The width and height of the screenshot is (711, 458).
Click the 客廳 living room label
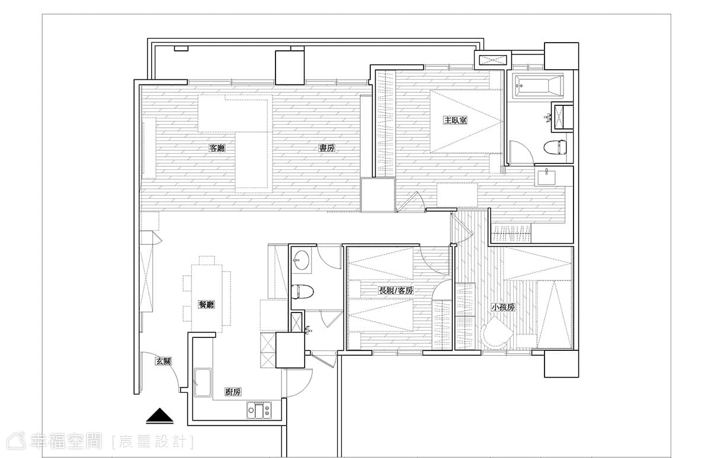click(217, 148)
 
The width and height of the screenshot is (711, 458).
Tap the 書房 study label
click(326, 148)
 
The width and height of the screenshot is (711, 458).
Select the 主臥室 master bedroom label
click(456, 120)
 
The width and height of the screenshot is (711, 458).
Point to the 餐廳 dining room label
click(206, 305)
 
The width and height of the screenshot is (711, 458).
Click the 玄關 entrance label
click(164, 361)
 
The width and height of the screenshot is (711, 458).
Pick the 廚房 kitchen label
click(233, 392)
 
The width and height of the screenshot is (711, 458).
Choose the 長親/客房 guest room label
click(396, 291)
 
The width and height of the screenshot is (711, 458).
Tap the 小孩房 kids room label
click(503, 307)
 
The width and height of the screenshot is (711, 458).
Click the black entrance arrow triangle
click(159, 416)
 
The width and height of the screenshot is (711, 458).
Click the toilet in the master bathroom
click(555, 147)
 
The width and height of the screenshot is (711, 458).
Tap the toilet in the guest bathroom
click(303, 292)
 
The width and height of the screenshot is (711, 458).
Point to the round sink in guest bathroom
click(301, 260)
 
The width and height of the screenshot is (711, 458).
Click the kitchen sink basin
click(203, 382)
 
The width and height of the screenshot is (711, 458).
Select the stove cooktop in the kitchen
click(260, 410)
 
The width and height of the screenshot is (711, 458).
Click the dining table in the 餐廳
click(207, 298)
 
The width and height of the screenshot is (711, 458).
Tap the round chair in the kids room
click(496, 334)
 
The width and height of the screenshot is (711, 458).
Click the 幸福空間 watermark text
click(66, 441)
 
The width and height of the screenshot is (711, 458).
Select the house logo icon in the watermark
click(15, 441)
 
